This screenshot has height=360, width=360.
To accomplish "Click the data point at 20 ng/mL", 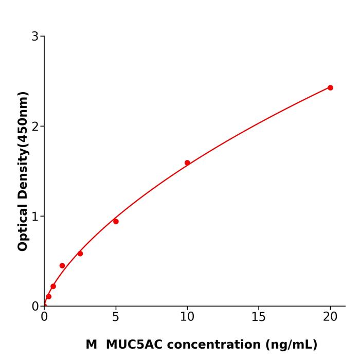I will (330, 88).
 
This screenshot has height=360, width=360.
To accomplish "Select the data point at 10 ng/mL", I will (187, 163).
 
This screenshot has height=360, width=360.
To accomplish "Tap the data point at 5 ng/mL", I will (116, 222).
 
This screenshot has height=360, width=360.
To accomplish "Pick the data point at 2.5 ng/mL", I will (80, 254).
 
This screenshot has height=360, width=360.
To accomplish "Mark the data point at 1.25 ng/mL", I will (62, 266).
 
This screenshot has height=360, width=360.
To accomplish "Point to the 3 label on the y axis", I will (35, 37).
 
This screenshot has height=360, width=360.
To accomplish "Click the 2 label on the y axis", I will (35, 127).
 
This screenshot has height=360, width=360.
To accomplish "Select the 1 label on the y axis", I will (35, 217).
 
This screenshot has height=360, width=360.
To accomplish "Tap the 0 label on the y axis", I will (35, 307).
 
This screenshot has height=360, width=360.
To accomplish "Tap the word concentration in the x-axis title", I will (218, 345).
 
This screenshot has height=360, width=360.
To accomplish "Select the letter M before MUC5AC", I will (91, 345).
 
